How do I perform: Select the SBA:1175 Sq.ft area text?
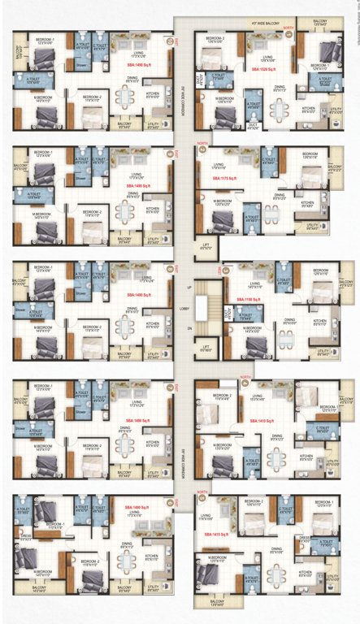(x=225, y=176)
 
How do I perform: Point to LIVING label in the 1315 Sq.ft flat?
(x=214, y=516)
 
